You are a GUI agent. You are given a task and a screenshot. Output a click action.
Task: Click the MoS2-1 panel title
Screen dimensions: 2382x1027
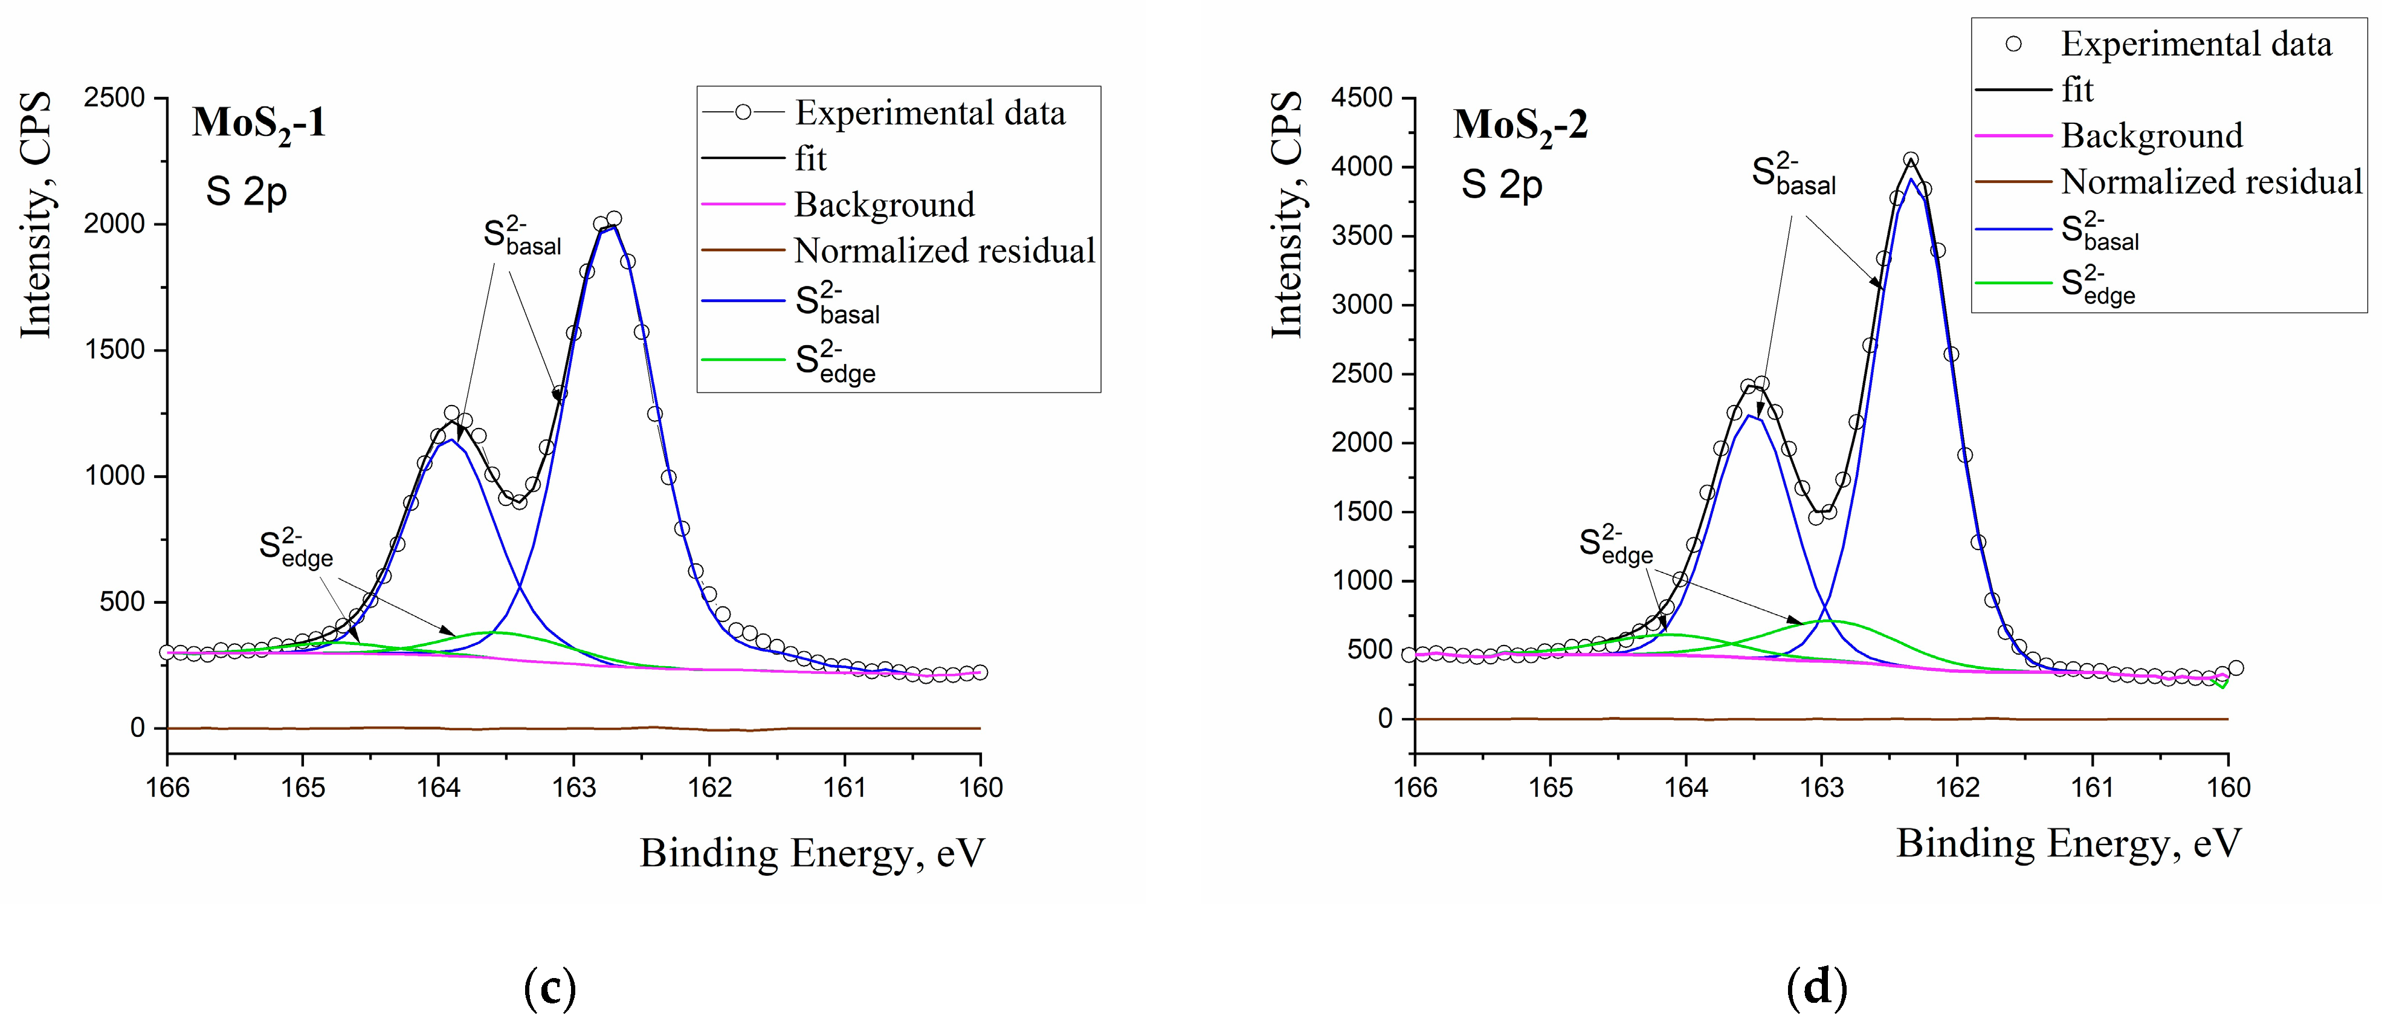pos(259,124)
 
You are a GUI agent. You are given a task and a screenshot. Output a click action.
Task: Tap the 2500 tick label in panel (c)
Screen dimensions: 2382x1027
pos(115,98)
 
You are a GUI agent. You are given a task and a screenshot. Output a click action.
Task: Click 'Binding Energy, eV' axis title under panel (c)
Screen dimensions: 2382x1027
pos(813,852)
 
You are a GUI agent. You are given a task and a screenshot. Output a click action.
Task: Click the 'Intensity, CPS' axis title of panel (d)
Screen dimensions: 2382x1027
pos(1286,215)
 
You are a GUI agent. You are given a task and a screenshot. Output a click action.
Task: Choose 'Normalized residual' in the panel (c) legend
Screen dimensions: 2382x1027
pos(944,251)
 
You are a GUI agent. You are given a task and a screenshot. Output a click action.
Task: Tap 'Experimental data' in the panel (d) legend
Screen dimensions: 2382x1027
pos(2196,44)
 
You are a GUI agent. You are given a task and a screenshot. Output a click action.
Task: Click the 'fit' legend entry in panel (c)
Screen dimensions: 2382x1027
pos(810,159)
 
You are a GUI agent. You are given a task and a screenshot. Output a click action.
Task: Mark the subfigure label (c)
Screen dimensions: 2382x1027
pos(549,988)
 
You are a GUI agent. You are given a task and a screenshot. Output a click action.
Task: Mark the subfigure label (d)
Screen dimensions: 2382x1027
pos(1818,988)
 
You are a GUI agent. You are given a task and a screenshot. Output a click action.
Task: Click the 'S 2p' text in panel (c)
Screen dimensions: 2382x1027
pos(246,192)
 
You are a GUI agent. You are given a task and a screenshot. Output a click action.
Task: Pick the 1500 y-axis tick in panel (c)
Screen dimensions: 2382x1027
pos(115,351)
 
